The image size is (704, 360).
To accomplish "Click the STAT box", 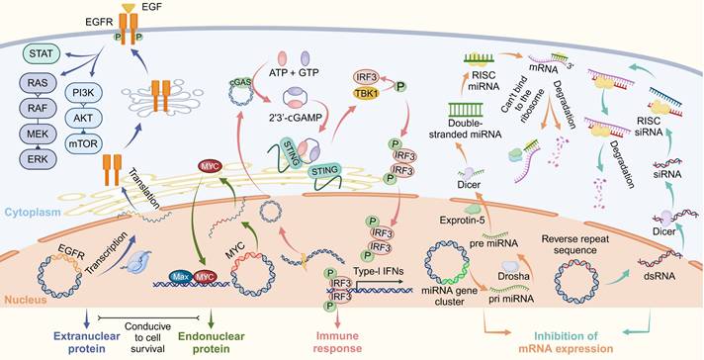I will click(x=43, y=49).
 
